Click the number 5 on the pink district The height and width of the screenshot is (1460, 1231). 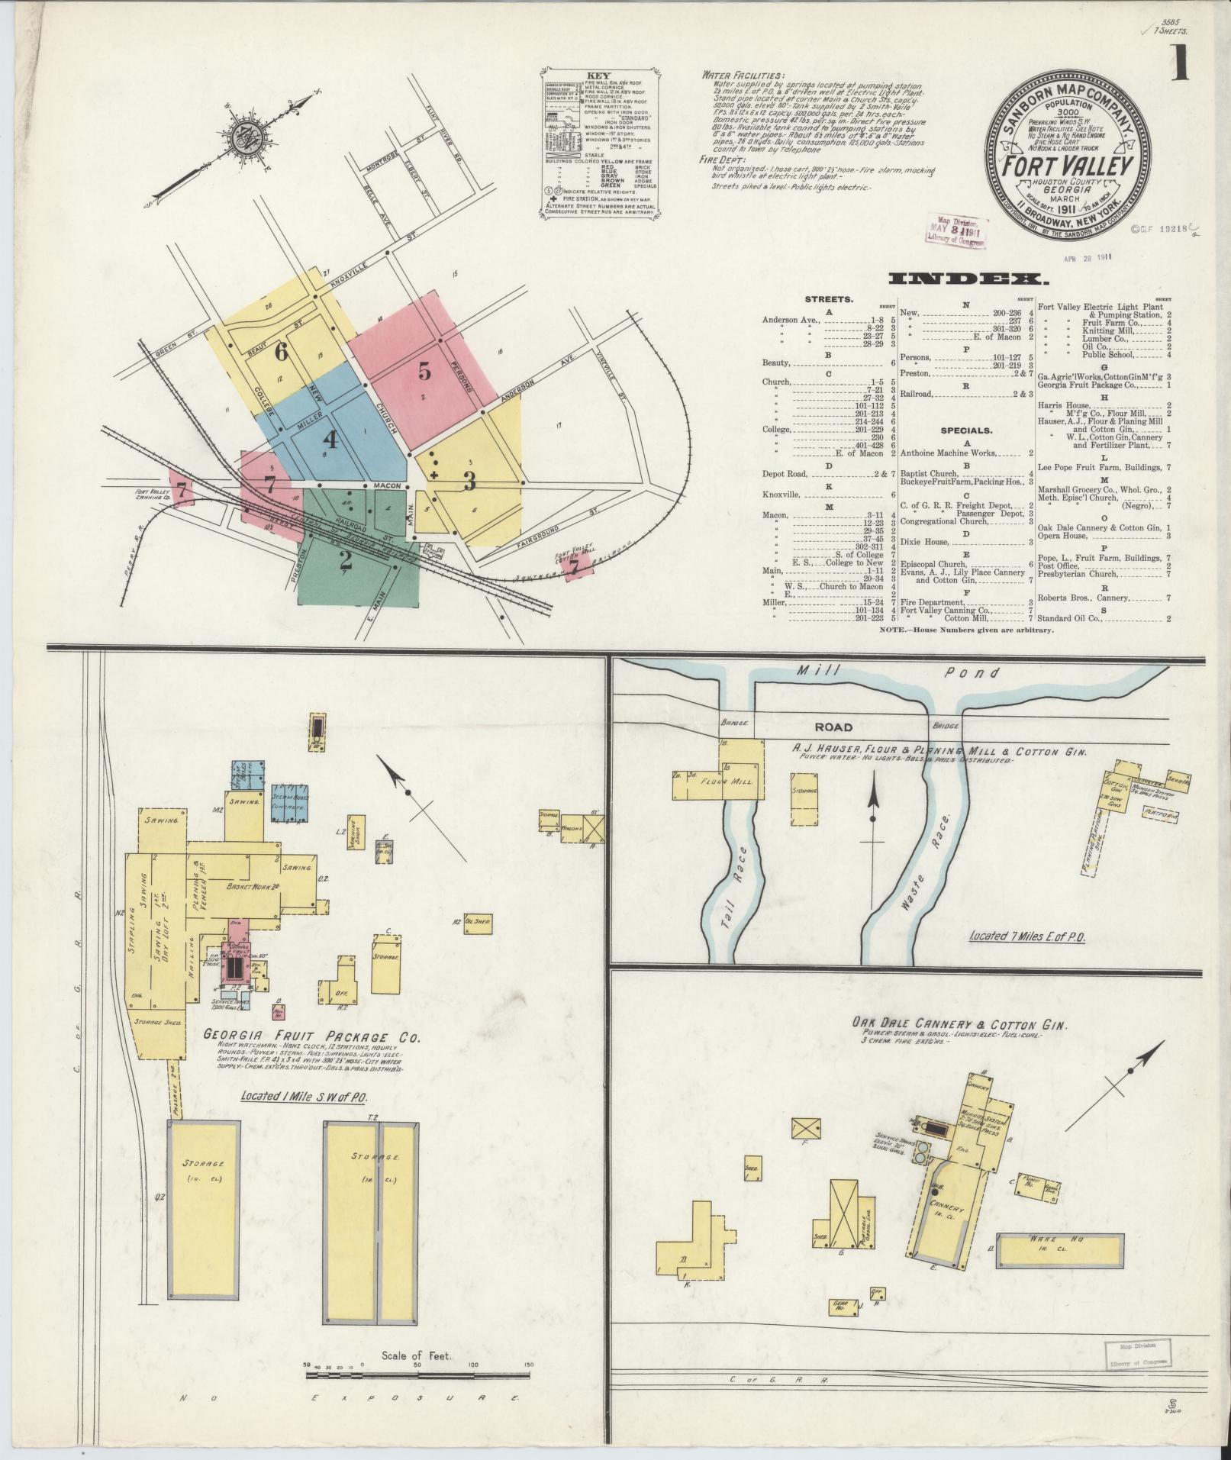coord(424,371)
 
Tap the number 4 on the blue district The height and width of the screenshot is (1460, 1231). coord(330,440)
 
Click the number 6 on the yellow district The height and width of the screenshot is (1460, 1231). coord(281,352)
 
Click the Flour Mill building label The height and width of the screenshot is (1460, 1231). coord(736,782)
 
